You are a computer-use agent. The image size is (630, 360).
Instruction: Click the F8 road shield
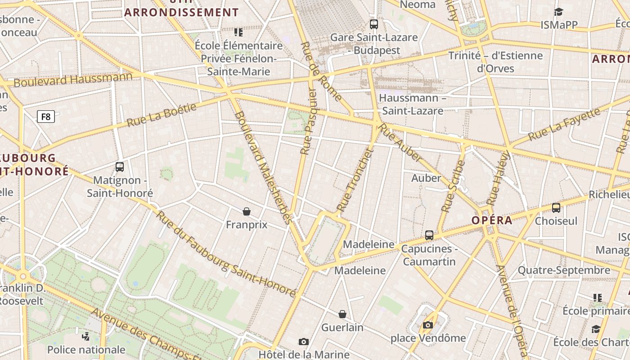(46, 117)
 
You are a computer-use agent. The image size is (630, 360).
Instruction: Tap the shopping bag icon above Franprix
(247, 211)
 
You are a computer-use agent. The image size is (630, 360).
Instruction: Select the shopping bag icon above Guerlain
(342, 314)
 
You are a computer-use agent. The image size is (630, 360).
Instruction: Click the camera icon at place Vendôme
(428, 325)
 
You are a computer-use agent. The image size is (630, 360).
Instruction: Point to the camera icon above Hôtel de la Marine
(304, 342)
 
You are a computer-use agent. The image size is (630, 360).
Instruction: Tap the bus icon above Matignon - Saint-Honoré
(120, 167)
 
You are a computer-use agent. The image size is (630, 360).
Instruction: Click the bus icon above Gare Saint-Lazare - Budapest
(374, 24)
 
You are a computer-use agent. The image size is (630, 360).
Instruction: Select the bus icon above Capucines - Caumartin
(429, 235)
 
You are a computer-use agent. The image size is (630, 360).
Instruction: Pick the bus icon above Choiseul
(556, 207)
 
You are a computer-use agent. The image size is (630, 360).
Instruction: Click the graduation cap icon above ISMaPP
(558, 12)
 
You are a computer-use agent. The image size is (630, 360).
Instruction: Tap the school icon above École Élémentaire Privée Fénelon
(238, 32)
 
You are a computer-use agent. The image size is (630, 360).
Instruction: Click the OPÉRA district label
(492, 220)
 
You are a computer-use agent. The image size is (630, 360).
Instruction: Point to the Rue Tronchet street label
(355, 180)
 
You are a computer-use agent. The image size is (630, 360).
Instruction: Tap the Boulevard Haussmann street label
(73, 80)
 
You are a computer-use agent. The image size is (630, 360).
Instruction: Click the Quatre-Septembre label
(564, 270)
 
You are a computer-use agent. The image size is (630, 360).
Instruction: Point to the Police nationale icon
(85, 336)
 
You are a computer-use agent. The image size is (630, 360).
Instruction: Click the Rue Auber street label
(401, 143)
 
